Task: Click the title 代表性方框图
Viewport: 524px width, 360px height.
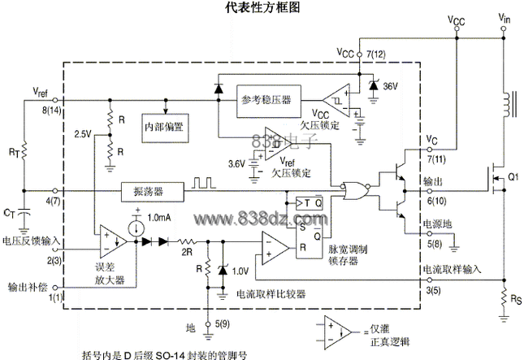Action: [x=262, y=8]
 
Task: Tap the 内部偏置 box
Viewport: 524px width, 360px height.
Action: [x=165, y=128]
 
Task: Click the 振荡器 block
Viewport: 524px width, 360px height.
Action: [x=149, y=192]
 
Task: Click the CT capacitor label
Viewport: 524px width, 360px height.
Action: [x=9, y=214]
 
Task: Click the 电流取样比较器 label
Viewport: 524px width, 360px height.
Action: [x=270, y=294]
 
